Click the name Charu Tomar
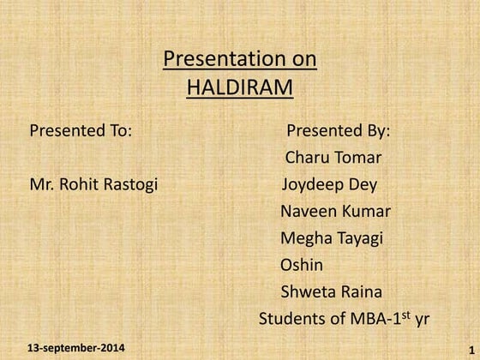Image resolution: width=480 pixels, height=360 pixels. [333, 157]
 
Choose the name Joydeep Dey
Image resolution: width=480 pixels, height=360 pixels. [329, 184]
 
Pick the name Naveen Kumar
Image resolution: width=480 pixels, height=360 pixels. [335, 211]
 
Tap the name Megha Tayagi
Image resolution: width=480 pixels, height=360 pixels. [331, 237]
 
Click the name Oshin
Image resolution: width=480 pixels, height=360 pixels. [302, 265]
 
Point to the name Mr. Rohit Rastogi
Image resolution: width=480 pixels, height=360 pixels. [93, 184]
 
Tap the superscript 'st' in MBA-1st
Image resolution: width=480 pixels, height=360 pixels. [405, 314]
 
